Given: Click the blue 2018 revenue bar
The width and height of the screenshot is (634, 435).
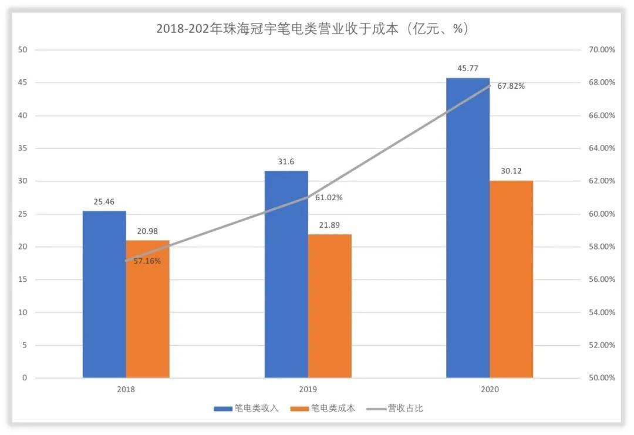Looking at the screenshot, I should pyautogui.click(x=104, y=294).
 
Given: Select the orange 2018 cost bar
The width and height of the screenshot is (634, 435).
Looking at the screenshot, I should pyautogui.click(x=147, y=309).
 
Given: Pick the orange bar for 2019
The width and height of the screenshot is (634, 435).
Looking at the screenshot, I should pyautogui.click(x=329, y=305).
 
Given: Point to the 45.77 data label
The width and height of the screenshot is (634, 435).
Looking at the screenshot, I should pyautogui.click(x=468, y=69).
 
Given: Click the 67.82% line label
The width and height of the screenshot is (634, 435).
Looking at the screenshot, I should pyautogui.click(x=511, y=86).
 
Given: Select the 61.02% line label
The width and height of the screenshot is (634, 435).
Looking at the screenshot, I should pyautogui.click(x=329, y=198).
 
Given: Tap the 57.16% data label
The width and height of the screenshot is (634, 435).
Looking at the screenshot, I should pyautogui.click(x=147, y=261).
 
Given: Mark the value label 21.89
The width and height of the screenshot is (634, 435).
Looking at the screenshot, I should pyautogui.click(x=329, y=225).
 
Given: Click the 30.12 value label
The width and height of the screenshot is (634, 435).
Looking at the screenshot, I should pyautogui.click(x=511, y=171).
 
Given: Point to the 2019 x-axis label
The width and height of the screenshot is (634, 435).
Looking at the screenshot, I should pyautogui.click(x=308, y=389).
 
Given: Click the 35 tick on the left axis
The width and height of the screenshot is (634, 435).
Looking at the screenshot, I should pyautogui.click(x=23, y=149).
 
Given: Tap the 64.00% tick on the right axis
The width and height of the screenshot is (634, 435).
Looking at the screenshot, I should pyautogui.click(x=601, y=149).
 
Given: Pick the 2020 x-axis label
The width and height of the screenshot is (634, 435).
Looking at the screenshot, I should pyautogui.click(x=490, y=389).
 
